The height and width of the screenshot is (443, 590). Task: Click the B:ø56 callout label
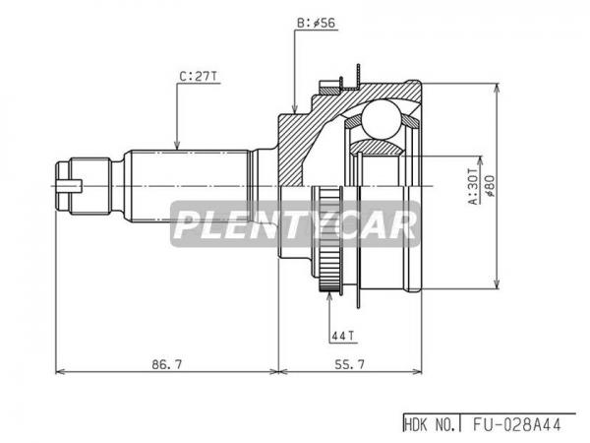pyautogui.click(x=316, y=24)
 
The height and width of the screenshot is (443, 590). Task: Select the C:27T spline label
pyautogui.click(x=198, y=77)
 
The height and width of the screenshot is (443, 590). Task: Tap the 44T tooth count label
pyautogui.click(x=343, y=336)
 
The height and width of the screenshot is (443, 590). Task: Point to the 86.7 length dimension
pyautogui.click(x=167, y=364)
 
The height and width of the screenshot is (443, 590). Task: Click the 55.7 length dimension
pyautogui.click(x=349, y=364)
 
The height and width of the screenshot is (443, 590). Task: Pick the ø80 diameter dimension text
pyautogui.click(x=491, y=185)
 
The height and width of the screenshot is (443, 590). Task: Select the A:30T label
pyautogui.click(x=474, y=186)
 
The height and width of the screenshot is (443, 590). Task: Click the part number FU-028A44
pyautogui.click(x=517, y=425)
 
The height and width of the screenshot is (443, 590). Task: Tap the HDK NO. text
pyautogui.click(x=431, y=425)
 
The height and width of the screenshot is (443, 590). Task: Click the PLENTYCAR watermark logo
pyautogui.click(x=295, y=224)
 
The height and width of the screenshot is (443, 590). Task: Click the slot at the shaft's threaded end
pyautogui.click(x=70, y=186)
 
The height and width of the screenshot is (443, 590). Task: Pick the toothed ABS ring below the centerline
pyautogui.click(x=330, y=239)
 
